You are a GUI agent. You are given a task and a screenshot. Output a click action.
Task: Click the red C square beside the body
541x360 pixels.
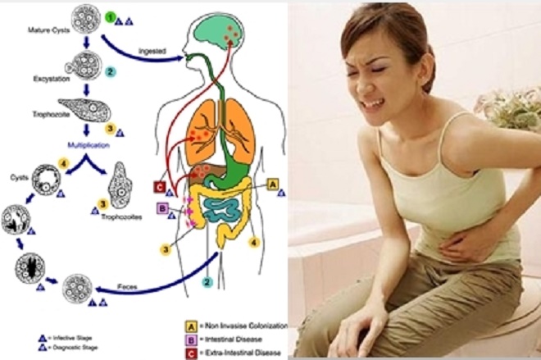(160, 186)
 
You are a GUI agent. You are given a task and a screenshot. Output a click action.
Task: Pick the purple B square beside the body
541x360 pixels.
(162, 210)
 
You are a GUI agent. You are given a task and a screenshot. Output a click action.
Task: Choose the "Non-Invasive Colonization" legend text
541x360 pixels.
(248, 325)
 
